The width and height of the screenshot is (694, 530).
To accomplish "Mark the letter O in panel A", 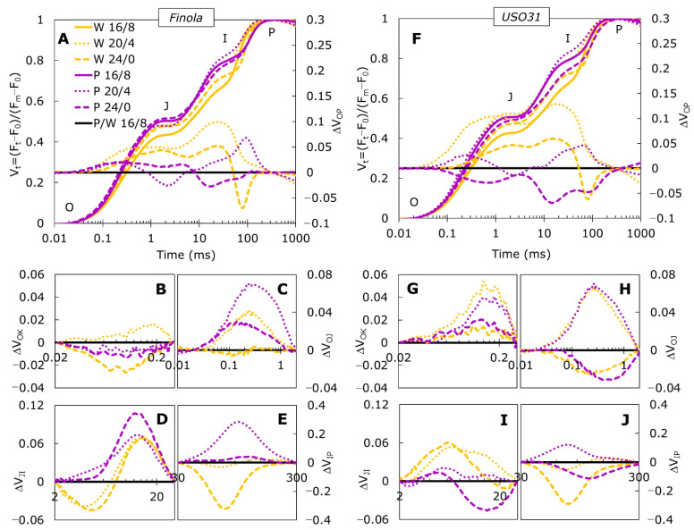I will click(x=69, y=207).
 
